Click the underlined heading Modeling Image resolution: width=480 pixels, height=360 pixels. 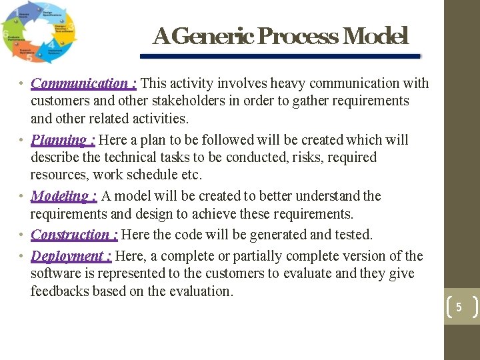tap(64, 196)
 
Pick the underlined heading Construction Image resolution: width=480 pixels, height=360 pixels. tap(75, 235)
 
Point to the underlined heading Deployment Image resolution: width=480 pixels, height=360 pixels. tap(71, 256)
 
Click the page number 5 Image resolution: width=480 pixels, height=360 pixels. tap(459, 307)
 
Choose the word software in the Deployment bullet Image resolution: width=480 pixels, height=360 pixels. tap(56, 274)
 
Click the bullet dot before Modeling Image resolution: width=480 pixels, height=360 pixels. tap(22, 196)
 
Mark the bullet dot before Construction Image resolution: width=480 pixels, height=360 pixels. tap(22, 235)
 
